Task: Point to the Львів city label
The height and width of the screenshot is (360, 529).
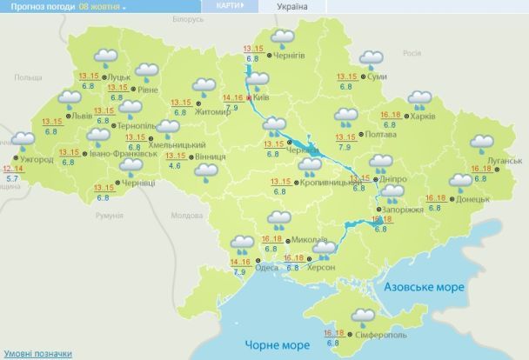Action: pyautogui.click(x=82, y=115)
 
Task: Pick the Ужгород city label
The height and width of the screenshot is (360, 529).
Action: pyautogui.click(x=37, y=160)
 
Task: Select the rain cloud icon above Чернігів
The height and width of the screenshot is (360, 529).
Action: pyautogui.click(x=282, y=37)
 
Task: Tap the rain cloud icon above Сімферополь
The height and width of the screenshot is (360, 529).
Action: pyautogui.click(x=363, y=316)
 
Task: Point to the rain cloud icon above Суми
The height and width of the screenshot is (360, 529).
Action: pyautogui.click(x=372, y=59)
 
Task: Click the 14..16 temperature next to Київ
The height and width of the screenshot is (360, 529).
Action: pyautogui.click(x=232, y=98)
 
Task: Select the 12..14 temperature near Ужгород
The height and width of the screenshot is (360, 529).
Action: pyautogui.click(x=12, y=169)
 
